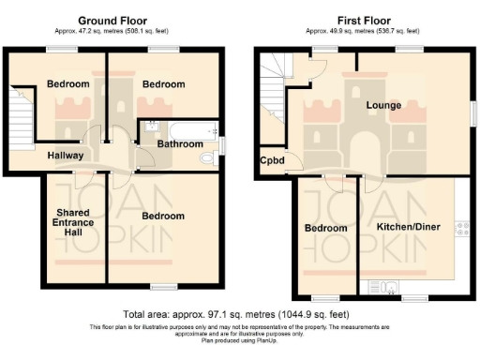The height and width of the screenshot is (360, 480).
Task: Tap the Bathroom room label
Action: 180,144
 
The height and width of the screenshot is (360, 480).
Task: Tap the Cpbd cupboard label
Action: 273,160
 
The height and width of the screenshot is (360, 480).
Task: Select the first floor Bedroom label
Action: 326,228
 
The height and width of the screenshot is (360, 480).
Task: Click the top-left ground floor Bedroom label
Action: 67,84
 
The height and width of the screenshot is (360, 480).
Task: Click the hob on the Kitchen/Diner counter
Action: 459,228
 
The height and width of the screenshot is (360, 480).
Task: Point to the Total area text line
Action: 239,314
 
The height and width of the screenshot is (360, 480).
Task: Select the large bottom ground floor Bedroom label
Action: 163,216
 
